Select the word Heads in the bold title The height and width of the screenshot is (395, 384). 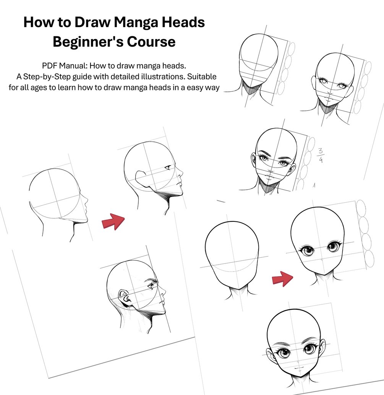pos(183,22)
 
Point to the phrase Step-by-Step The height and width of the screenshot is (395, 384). pos(47,77)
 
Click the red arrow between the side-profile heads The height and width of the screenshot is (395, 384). pos(113,221)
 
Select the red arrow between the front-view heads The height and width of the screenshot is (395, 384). pos(282,279)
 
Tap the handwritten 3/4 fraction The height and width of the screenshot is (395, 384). pos(321,155)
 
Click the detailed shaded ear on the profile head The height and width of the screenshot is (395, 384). pos(125,297)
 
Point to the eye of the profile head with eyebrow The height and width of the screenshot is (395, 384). pos(151,286)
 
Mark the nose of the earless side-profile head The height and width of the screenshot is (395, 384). pos(86,201)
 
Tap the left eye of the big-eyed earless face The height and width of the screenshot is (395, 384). pos(307,250)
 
